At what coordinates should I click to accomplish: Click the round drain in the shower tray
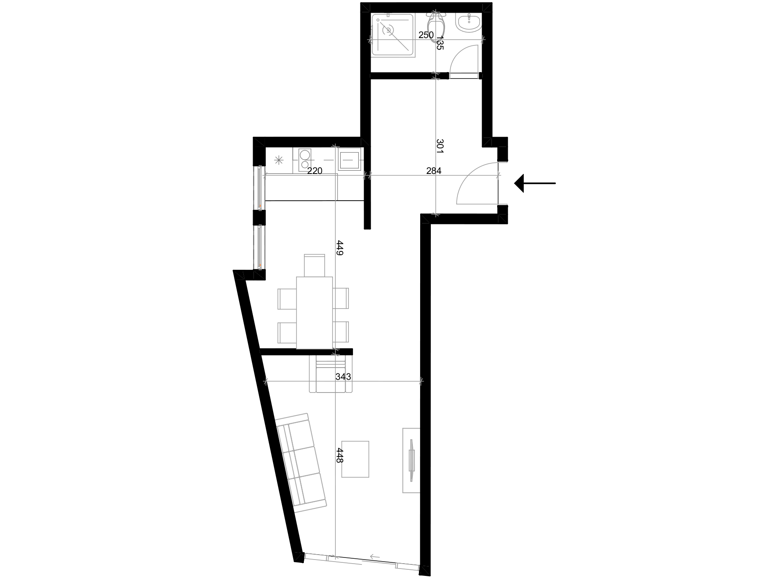click(388, 30)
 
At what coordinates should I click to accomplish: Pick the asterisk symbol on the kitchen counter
click(279, 160)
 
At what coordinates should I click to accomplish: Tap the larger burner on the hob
click(305, 155)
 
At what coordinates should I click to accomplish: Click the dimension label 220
click(315, 171)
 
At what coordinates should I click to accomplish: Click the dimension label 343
click(343, 377)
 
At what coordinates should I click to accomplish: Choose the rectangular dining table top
click(315, 313)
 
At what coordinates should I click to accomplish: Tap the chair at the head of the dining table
click(315, 265)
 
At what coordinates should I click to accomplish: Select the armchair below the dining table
click(331, 374)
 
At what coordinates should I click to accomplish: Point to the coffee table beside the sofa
click(355, 459)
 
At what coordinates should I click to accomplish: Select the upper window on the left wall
click(259, 188)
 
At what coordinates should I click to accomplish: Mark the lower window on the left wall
click(259, 247)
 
